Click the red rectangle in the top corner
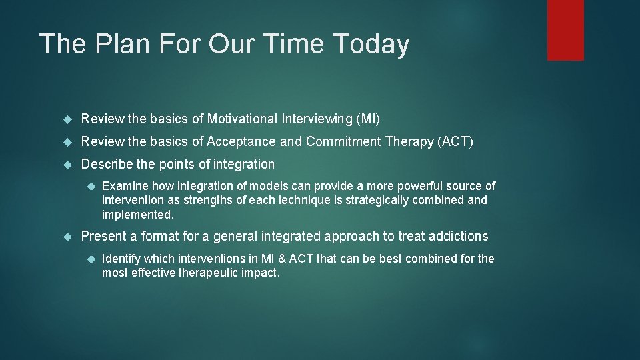[565, 30]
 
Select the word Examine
[125, 186]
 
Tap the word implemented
[137, 215]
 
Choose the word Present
[103, 237]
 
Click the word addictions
[459, 237]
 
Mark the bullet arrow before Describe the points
[66, 164]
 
